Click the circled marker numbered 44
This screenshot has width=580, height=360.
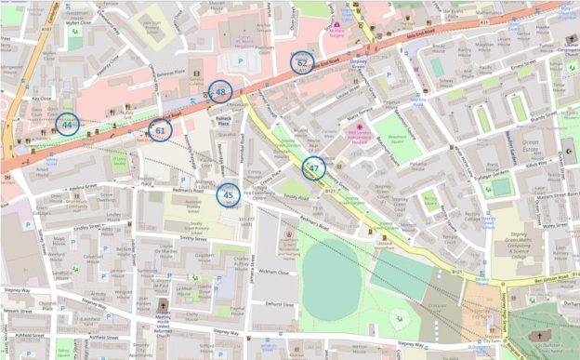(x=66, y=124)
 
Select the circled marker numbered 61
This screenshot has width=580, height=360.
(x=160, y=131)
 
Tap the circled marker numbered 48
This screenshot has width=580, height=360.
(x=220, y=91)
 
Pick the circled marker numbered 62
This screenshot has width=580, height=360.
(x=301, y=63)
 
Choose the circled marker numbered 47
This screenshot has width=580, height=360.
(x=314, y=168)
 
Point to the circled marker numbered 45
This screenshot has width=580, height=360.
(x=228, y=194)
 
